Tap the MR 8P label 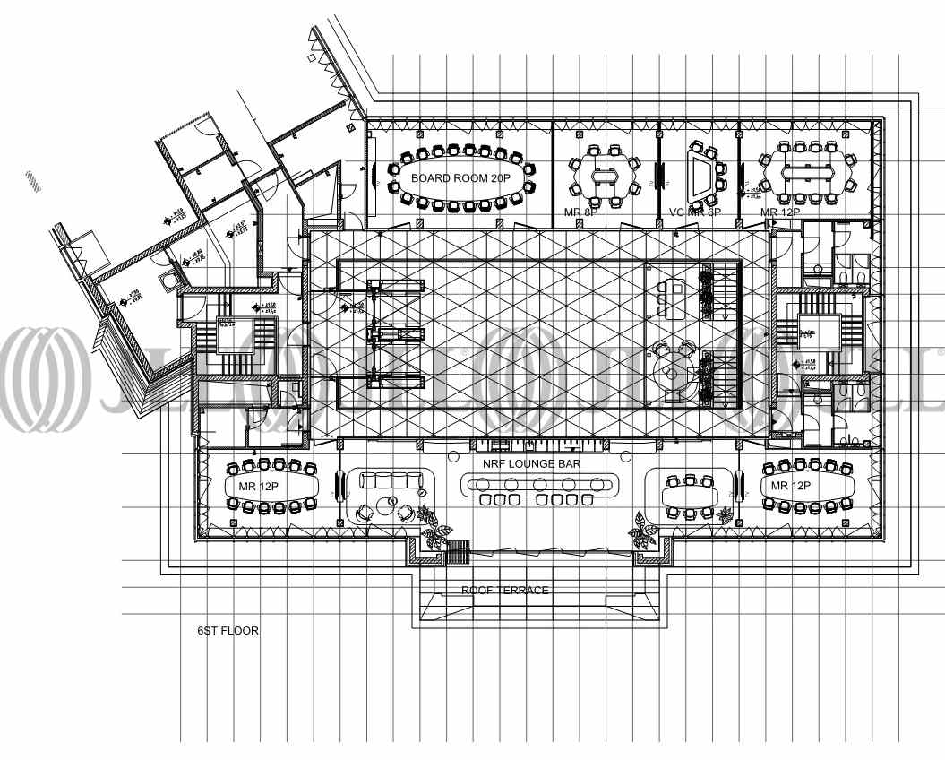pos(580,212)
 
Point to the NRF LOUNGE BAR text pos(532,464)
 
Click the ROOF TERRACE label pos(505,591)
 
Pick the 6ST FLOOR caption pos(228,631)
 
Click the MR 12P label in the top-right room pos(780,212)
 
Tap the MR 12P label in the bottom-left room pos(258,486)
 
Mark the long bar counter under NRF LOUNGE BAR pos(539,485)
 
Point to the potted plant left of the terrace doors pos(436,531)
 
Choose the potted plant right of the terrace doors pos(643,530)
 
